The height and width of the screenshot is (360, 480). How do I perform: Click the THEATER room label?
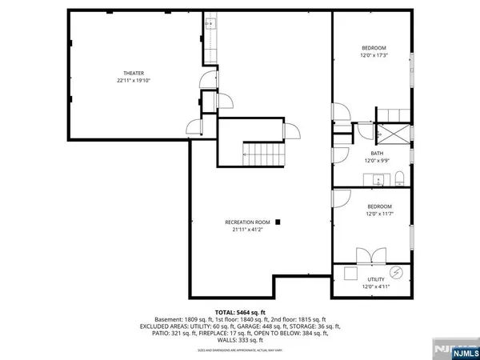tap(133, 73)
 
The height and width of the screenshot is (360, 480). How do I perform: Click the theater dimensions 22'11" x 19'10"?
tap(133, 81)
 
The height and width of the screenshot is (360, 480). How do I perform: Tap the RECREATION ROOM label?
tap(247, 222)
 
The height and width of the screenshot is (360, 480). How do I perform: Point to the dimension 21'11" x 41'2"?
tap(247, 230)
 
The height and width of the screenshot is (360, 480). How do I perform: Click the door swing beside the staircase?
tap(291, 133)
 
